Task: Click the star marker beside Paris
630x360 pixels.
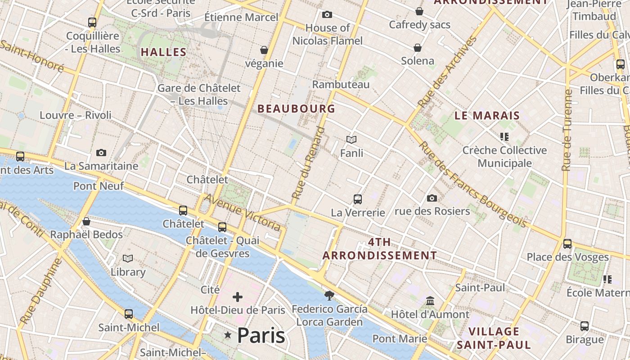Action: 228,335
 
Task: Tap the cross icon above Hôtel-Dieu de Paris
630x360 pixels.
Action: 238,297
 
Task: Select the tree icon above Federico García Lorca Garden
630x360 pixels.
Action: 329,296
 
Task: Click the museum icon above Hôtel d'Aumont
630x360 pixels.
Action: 430,301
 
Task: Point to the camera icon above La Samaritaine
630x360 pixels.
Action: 101,153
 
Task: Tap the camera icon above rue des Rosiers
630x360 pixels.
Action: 432,198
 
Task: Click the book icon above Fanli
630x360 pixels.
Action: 351,140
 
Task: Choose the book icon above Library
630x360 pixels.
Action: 128,258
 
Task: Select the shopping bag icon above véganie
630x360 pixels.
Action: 264,49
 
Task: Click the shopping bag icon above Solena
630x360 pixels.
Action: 418,47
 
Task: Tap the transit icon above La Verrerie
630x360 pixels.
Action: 358,199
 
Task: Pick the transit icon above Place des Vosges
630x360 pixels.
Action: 567,244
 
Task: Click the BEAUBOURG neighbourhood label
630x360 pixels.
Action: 296,108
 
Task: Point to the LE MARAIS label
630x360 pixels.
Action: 487,116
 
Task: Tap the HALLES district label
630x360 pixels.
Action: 163,52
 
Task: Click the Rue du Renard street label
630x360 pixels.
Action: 308,163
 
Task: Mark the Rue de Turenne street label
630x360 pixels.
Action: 567,130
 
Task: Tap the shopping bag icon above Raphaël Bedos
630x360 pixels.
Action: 86,221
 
